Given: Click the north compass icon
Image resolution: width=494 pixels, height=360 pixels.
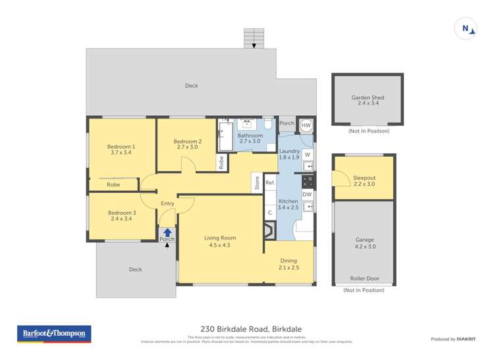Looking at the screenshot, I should (466, 28).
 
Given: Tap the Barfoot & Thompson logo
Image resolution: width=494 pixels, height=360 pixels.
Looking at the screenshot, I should (54, 334).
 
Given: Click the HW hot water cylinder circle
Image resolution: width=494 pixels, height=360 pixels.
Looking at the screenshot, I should (306, 126).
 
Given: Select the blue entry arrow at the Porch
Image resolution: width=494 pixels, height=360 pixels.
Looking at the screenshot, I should (167, 232).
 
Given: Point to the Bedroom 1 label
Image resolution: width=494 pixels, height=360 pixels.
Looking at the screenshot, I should (121, 151).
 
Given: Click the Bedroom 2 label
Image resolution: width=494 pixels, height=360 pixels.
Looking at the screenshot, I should (187, 144).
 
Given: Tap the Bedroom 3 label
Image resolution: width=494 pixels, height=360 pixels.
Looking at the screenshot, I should (121, 216).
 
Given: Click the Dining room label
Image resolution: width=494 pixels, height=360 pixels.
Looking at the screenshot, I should (288, 264).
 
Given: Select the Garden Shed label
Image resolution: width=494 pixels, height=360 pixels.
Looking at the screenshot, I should (368, 101).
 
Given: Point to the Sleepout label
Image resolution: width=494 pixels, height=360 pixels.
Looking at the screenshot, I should (364, 181).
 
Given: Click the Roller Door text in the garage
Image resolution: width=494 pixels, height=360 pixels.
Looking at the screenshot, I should (364, 278).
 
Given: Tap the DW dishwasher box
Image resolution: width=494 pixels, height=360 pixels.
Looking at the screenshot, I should (307, 194).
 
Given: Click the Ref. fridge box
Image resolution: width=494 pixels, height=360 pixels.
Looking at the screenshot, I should (270, 182).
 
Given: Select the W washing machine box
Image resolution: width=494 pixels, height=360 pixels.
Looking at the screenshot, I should (307, 154).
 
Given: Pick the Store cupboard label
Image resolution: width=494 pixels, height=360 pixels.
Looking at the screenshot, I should (257, 182).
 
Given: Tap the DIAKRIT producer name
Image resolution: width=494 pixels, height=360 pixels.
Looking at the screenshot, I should (464, 339).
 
